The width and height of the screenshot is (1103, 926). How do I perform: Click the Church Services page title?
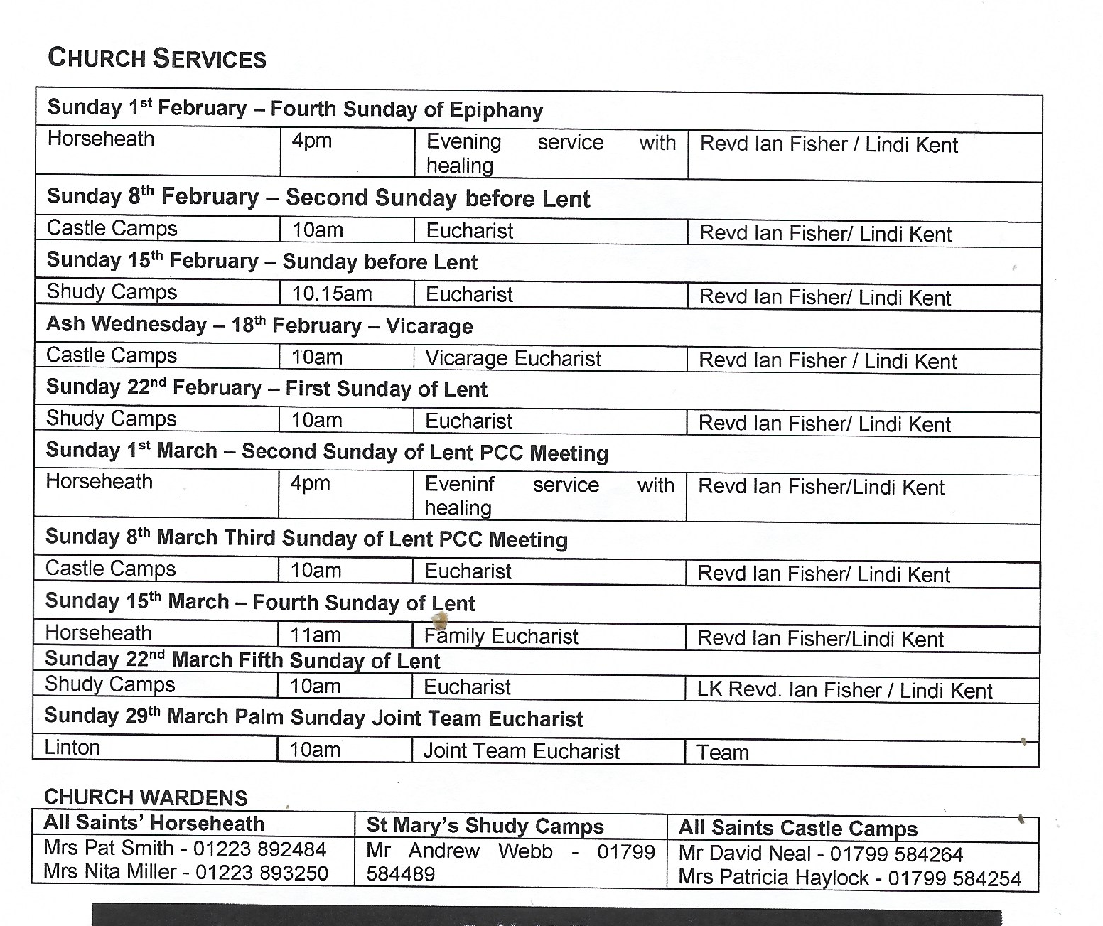tap(157, 58)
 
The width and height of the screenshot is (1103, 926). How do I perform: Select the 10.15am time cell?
tap(332, 294)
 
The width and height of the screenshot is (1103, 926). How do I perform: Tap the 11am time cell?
tap(316, 635)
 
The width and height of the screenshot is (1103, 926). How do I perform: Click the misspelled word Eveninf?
tap(460, 485)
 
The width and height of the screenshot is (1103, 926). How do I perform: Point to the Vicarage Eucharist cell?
tap(513, 359)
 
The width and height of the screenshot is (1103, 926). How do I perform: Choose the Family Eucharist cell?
tap(501, 636)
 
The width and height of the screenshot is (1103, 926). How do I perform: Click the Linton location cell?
tap(72, 748)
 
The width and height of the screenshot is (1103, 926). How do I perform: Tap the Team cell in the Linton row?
tap(723, 753)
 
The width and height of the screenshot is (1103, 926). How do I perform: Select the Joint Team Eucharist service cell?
tap(522, 751)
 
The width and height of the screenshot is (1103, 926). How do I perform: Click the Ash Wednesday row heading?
tap(259, 325)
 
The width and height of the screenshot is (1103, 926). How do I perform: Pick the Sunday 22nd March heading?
tap(242, 660)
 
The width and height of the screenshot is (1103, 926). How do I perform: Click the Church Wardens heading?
tap(146, 797)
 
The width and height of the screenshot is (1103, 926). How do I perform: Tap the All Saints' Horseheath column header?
tap(154, 823)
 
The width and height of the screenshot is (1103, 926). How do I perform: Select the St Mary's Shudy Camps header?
tap(485, 826)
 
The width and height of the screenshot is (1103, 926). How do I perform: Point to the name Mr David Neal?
tap(744, 854)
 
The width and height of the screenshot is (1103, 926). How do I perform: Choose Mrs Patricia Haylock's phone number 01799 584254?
tap(954, 878)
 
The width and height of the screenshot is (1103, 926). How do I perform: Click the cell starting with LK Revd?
tap(844, 690)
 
